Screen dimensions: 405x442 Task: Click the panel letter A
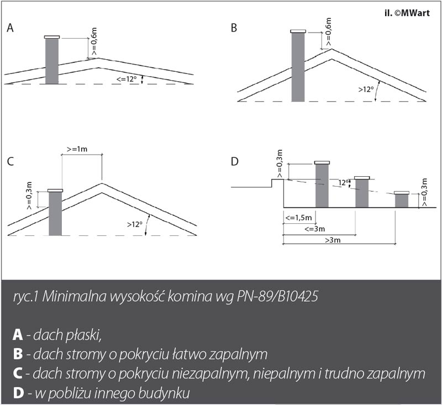coord(10,28)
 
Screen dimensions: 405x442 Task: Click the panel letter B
coord(234,27)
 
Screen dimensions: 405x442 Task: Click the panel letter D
coord(234,161)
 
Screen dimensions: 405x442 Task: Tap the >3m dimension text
coord(333,240)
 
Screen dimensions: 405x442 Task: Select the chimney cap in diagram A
coord(51,37)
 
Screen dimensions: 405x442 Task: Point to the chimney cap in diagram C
coord(55,190)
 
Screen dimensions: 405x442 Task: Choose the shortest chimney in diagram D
coord(402,199)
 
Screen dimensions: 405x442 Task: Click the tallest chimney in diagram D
coord(322,185)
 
